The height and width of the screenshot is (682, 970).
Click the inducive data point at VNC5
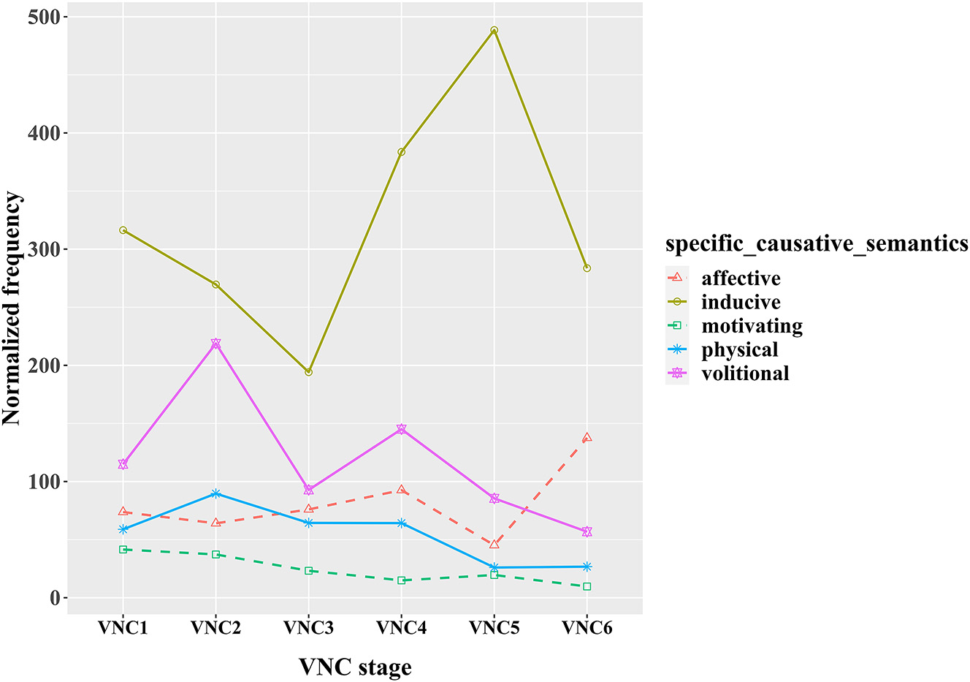tap(494, 31)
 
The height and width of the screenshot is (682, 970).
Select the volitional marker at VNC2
tap(215, 344)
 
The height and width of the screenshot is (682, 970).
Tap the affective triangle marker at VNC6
tap(587, 438)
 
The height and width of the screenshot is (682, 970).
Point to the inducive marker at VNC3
tap(308, 372)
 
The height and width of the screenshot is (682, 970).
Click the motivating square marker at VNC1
tap(123, 549)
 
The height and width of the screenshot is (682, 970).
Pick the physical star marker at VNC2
tap(215, 493)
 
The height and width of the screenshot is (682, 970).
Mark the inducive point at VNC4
tap(402, 152)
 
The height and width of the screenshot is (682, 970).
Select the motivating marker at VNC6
tap(587, 586)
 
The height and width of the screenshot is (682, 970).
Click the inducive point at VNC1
tap(123, 230)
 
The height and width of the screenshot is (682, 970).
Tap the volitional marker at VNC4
tap(402, 429)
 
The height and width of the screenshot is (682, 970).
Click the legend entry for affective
tap(741, 279)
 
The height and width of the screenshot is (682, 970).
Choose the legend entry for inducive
tap(741, 302)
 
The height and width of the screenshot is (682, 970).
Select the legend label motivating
tap(752, 326)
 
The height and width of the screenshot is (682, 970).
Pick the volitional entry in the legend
tap(745, 374)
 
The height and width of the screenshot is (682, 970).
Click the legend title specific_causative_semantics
tap(817, 243)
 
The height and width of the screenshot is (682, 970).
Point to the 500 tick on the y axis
tap(43, 18)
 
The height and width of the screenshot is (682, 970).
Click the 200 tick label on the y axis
tap(43, 365)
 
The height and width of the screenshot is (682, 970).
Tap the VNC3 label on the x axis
tap(308, 628)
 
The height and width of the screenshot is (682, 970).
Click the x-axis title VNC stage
tap(355, 667)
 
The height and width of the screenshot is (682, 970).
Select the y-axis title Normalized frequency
tap(12, 308)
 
